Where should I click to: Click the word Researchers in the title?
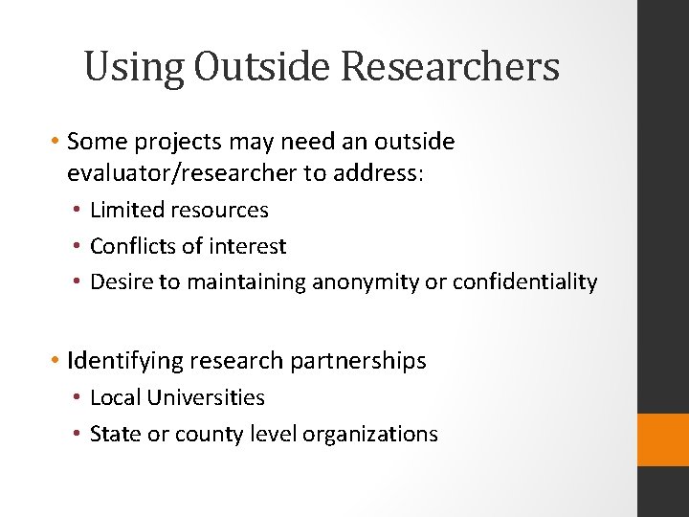click(451, 67)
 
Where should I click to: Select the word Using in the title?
click(134, 67)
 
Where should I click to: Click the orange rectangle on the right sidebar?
click(663, 439)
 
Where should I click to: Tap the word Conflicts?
click(136, 246)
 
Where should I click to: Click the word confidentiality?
click(524, 282)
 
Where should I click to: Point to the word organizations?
click(370, 434)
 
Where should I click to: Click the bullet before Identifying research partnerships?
click(56, 361)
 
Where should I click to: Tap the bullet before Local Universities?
click(79, 397)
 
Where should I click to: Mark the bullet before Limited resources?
click(79, 210)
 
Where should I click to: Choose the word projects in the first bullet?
click(170, 143)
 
